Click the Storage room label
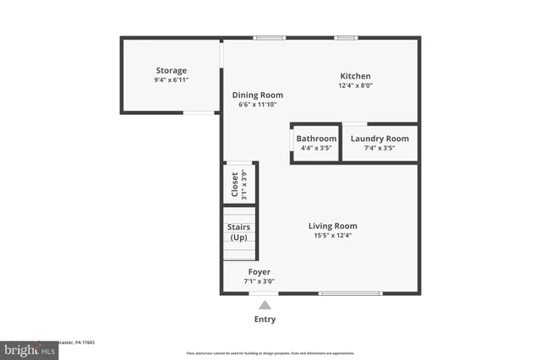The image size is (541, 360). coord(171,70)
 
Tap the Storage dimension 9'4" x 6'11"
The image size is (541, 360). coord(171,79)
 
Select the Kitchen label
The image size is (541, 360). coord(355,76)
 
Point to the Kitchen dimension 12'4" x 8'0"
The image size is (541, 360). coord(355,85)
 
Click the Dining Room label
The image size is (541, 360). coord(258,95)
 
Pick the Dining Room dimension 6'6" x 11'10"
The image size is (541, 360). coord(258,105)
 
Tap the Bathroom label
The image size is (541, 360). coord(316,139)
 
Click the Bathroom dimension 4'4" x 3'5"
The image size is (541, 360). coord(316,148)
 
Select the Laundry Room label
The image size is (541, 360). coord(380,139)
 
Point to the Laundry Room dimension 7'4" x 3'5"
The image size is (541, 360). coord(380,148)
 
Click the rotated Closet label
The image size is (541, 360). coord(235,183)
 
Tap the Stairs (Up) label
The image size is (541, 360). coord(238,232)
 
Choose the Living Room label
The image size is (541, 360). coord(332,226)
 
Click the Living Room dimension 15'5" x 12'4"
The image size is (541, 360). coord(332,236)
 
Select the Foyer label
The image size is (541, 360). coord(259,271)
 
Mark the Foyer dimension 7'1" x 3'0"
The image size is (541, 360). coord(259,281)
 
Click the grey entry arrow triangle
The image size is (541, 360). coord(265,305)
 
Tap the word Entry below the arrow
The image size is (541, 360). coord(265,319)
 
